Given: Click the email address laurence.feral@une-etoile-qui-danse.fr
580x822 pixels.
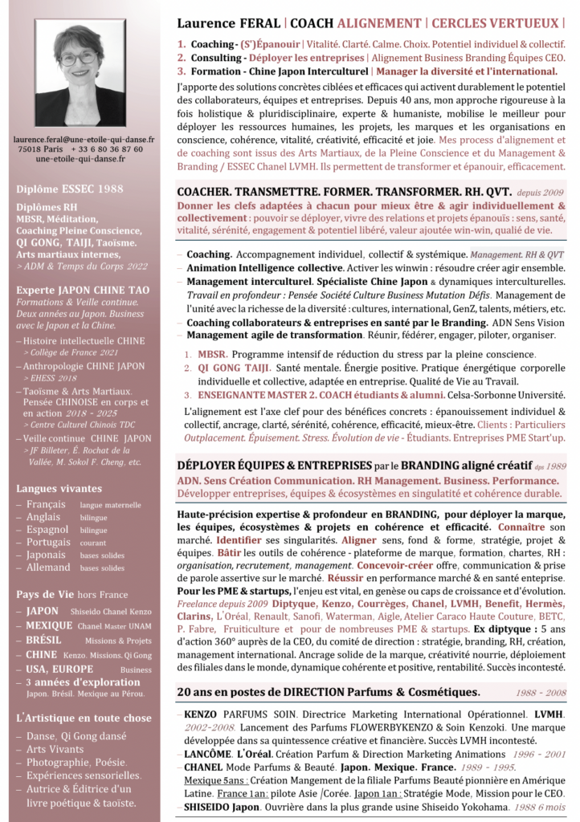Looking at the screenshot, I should tap(80, 139).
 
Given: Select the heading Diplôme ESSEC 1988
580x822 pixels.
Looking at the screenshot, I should tap(71, 190).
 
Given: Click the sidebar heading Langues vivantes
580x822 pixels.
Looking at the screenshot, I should tap(59, 488).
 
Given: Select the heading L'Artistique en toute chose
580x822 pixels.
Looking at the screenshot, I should tap(84, 718).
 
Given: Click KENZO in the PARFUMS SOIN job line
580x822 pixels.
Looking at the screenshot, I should tap(202, 714).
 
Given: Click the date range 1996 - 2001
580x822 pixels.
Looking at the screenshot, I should tap(537, 755).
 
